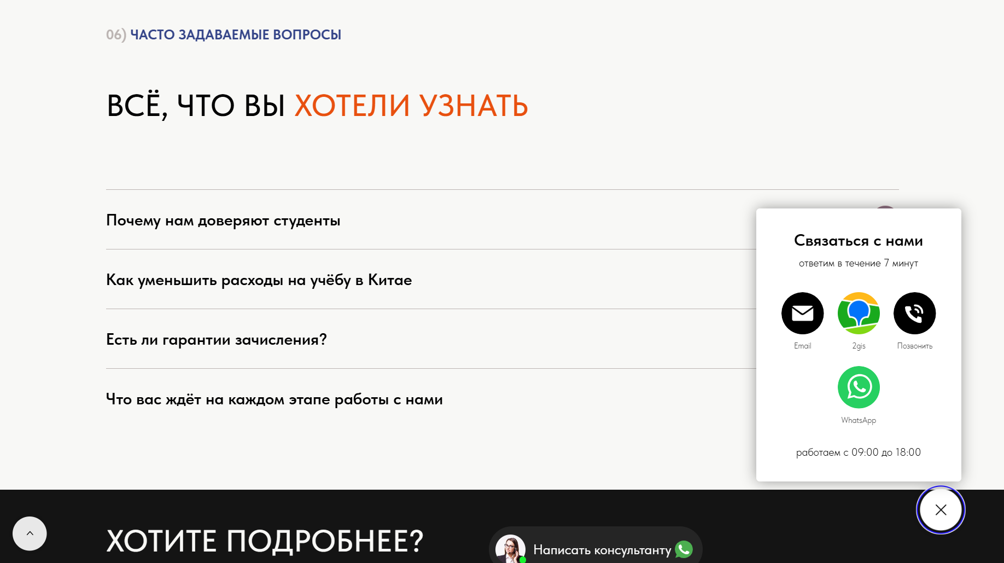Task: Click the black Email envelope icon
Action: pyautogui.click(x=802, y=313)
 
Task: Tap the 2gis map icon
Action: pyautogui.click(x=859, y=313)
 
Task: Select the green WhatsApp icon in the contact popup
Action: pyautogui.click(x=859, y=387)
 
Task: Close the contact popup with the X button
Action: pyautogui.click(x=941, y=510)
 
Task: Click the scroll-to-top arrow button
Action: pyautogui.click(x=30, y=533)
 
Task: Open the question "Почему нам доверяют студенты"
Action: pyautogui.click(x=223, y=220)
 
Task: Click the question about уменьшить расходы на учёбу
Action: pyautogui.click(x=259, y=280)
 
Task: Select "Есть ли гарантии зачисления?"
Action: pyautogui.click(x=217, y=340)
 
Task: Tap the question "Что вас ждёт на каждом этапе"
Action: pyautogui.click(x=275, y=399)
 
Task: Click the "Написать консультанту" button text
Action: pyautogui.click(x=602, y=550)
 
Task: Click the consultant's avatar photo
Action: pyautogui.click(x=510, y=549)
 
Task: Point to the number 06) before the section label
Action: pyautogui.click(x=116, y=35)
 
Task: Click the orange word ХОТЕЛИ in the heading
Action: pyautogui.click(x=352, y=106)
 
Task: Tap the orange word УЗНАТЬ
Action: pyautogui.click(x=474, y=106)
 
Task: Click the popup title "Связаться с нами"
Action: pyautogui.click(x=859, y=241)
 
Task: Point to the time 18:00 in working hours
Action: pyautogui.click(x=908, y=452)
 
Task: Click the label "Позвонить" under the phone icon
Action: pyautogui.click(x=915, y=346)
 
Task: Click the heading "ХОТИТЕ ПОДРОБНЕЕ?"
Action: pyautogui.click(x=265, y=541)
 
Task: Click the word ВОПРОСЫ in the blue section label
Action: pyautogui.click(x=307, y=35)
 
